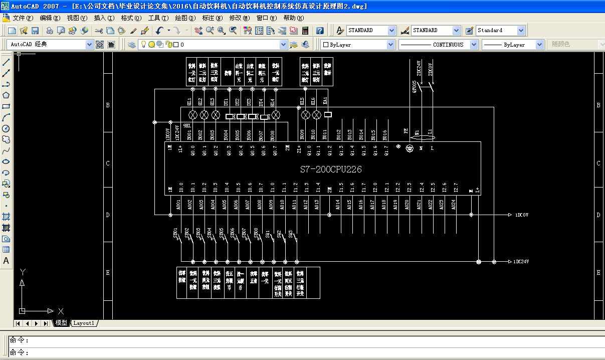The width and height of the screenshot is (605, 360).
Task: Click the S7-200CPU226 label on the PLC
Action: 331,169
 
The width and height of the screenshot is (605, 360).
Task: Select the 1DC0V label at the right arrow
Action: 522,215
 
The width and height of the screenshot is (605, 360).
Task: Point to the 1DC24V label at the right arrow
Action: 522,262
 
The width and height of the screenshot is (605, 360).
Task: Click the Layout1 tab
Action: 84,323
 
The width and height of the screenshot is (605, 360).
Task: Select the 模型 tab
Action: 61,323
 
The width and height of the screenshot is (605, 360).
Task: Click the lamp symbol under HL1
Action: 192,115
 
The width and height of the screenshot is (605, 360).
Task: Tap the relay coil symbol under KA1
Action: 328,114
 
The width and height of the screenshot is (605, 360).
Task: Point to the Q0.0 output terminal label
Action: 192,150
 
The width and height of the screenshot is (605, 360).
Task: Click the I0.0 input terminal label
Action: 181,188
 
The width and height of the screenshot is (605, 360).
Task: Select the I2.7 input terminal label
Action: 456,188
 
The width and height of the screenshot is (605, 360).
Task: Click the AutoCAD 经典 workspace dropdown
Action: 51,45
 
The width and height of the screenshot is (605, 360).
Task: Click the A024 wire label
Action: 454,205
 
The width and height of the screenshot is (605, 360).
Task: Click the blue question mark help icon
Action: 320,31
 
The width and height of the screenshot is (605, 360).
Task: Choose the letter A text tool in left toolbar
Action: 6,261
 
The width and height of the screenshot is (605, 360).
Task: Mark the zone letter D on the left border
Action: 107,215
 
